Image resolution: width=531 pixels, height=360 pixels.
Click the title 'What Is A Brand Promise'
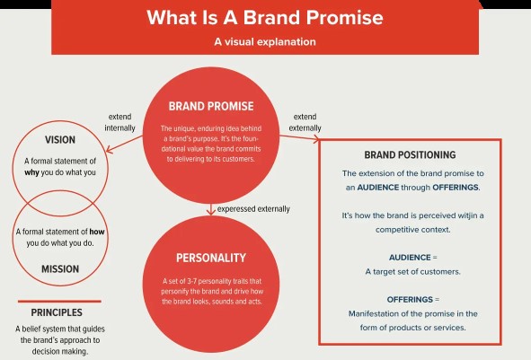point(265,18)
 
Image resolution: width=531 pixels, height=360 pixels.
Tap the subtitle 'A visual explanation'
point(265,41)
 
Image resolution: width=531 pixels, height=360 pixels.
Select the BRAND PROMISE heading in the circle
point(211,106)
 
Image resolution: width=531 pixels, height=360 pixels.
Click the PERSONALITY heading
point(211,259)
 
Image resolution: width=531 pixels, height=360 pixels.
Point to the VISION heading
point(60,140)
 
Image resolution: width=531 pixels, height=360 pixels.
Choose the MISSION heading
point(60,269)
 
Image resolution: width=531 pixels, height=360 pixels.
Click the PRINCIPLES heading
point(57,312)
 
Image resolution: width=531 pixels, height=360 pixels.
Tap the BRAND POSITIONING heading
point(410,155)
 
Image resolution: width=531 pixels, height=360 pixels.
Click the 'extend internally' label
point(119,122)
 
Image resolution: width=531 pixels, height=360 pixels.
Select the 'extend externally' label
point(305,122)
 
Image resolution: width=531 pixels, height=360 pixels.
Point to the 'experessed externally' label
point(253,209)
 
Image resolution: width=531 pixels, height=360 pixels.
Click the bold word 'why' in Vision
point(31,172)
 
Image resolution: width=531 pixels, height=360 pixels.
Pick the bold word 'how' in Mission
point(97,232)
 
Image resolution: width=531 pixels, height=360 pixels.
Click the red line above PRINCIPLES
point(59,301)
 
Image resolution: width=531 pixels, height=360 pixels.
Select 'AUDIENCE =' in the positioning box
point(412,258)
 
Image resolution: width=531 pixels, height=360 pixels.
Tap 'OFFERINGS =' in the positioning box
point(412,300)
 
